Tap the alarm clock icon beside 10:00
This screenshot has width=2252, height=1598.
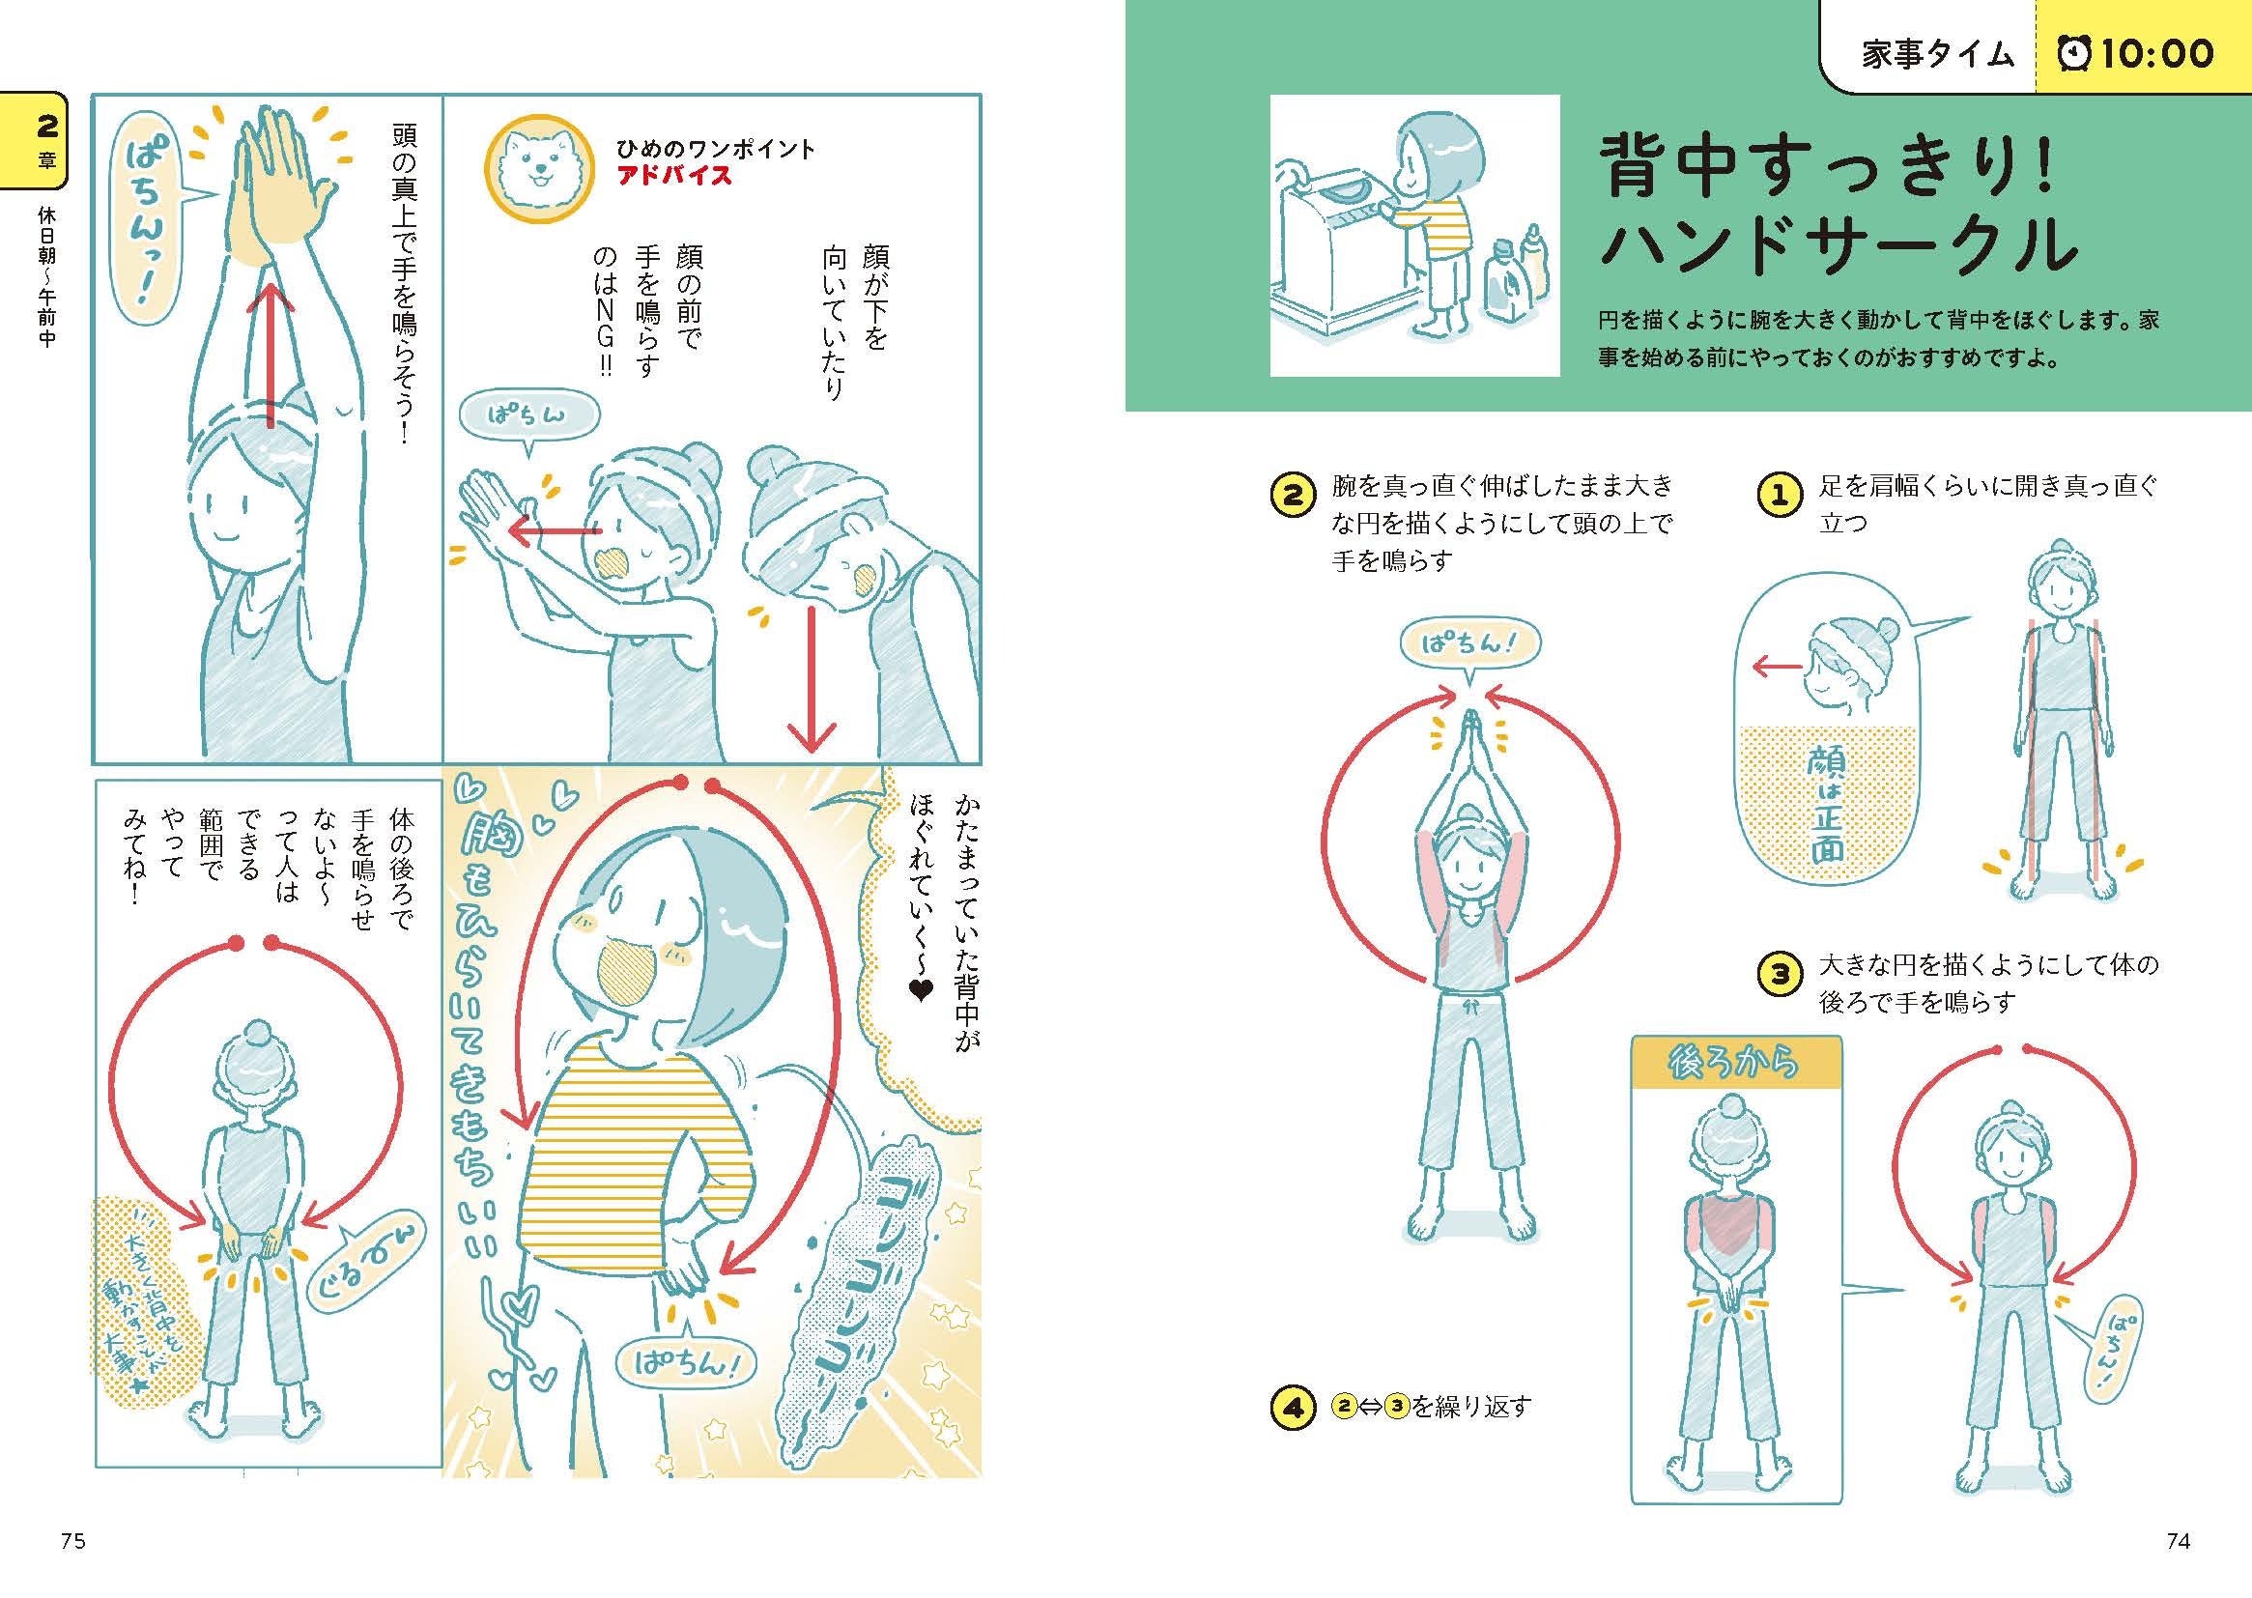[2074, 53]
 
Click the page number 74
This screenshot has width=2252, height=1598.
[2179, 1542]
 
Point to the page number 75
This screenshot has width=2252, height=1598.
[73, 1542]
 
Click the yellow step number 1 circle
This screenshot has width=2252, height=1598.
[1778, 496]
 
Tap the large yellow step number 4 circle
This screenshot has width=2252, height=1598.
[1293, 1407]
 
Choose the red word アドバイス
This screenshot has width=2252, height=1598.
[674, 176]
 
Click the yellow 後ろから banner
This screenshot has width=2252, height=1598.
[1735, 1064]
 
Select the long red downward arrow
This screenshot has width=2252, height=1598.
[812, 679]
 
